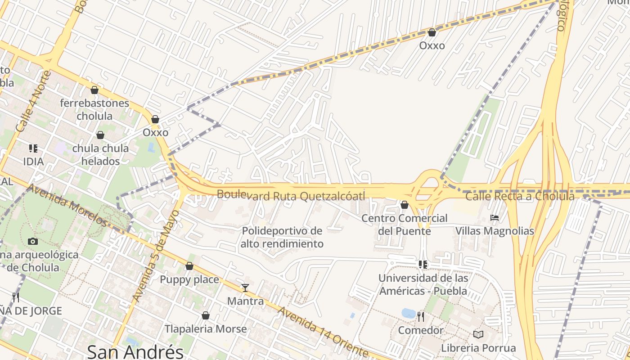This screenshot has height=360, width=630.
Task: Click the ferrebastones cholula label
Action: [x=94, y=109]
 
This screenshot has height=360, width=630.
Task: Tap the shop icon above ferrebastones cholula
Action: [x=94, y=90]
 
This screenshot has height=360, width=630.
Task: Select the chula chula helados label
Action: [x=100, y=154]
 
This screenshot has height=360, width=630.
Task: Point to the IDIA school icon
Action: [x=33, y=148]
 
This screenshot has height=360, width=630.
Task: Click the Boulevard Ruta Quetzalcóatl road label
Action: [x=291, y=196]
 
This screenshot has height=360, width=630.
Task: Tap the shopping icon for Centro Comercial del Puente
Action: [x=405, y=205]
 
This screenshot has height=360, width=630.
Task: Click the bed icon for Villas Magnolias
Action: [x=495, y=218]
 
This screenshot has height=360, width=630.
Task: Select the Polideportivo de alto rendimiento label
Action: [x=282, y=237]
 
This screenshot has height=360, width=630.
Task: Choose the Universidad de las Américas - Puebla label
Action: [x=423, y=284]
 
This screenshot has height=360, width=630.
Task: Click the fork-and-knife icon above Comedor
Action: [x=421, y=317]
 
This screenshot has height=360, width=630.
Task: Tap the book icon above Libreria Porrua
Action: [x=478, y=335]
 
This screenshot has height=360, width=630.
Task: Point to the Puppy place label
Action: [x=189, y=279]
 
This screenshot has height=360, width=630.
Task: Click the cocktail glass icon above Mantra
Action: [x=245, y=288]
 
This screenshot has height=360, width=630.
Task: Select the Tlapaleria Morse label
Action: [x=206, y=329]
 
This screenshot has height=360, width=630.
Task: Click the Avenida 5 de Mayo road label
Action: [x=156, y=256]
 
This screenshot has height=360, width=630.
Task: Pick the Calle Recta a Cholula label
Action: [x=520, y=197]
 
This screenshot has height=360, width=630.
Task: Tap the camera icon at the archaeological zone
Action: [x=33, y=242]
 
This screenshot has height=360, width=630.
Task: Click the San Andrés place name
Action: [x=135, y=351]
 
